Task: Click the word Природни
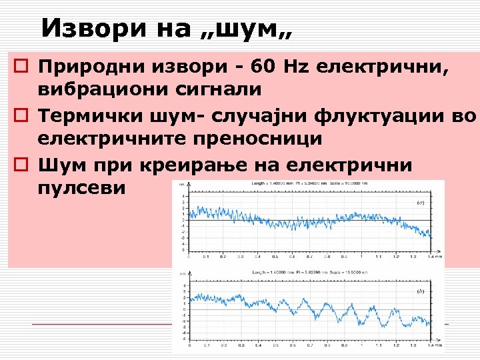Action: point(84,67)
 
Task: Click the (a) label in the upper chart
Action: point(421,202)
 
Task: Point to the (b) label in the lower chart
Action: point(421,291)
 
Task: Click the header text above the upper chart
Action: point(305,183)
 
